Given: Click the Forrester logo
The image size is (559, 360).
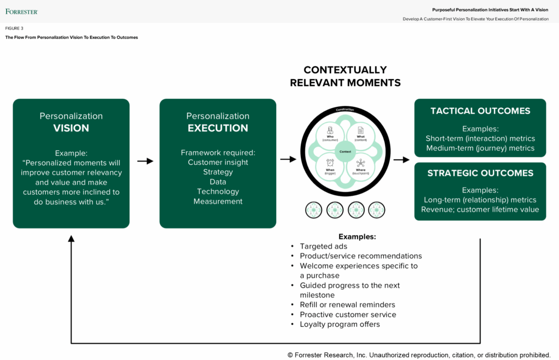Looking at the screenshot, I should tap(22, 11).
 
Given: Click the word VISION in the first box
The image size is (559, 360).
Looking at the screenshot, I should tap(71, 128).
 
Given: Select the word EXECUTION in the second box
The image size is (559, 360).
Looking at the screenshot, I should tap(218, 128).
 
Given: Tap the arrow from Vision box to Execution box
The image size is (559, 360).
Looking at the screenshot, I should tap(145, 161).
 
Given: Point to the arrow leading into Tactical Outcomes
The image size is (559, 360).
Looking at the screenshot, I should tap(401, 160).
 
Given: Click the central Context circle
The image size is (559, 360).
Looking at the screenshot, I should tap(344, 151).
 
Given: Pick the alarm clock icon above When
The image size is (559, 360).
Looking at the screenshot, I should tap(330, 163).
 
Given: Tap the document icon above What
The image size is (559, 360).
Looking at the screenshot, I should tap(360, 131).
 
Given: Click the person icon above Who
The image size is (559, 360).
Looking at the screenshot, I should tap(330, 131).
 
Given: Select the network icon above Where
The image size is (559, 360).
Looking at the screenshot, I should tap(360, 163).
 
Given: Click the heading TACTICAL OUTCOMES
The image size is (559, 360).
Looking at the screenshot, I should tap(480, 111).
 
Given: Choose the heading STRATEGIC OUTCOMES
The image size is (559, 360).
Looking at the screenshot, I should tap(480, 173).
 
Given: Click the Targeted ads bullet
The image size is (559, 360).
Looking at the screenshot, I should tap(323, 247).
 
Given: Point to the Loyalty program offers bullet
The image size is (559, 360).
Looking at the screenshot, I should tap(340, 324).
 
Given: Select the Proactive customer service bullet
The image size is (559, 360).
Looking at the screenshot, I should tap(348, 314).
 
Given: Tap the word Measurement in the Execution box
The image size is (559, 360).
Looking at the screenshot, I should tap(218, 201).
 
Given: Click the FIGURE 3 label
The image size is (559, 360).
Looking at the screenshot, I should tap(15, 28).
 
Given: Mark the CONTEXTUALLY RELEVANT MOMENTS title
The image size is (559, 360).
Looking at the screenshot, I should tap(345, 76).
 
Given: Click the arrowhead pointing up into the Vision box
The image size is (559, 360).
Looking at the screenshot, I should tap(71, 238).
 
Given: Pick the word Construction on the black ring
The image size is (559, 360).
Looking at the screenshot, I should tap(345, 110).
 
